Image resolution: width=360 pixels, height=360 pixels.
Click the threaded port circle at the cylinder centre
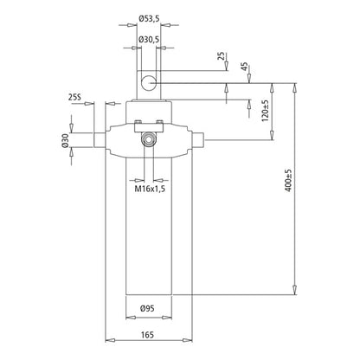tap(150, 138)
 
